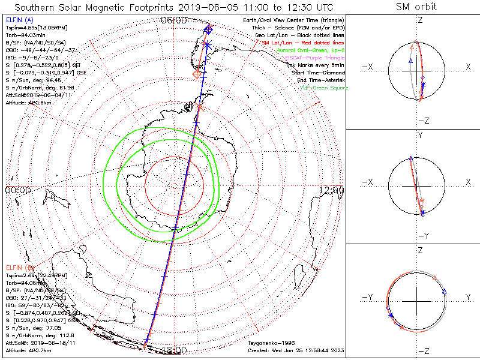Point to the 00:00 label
pos(17,190)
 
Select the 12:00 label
pos(332,190)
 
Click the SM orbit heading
pos(416,7)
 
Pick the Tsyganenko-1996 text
pos(269,343)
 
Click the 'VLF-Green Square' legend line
pos(324,88)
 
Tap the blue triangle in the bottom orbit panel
pos(445,292)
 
